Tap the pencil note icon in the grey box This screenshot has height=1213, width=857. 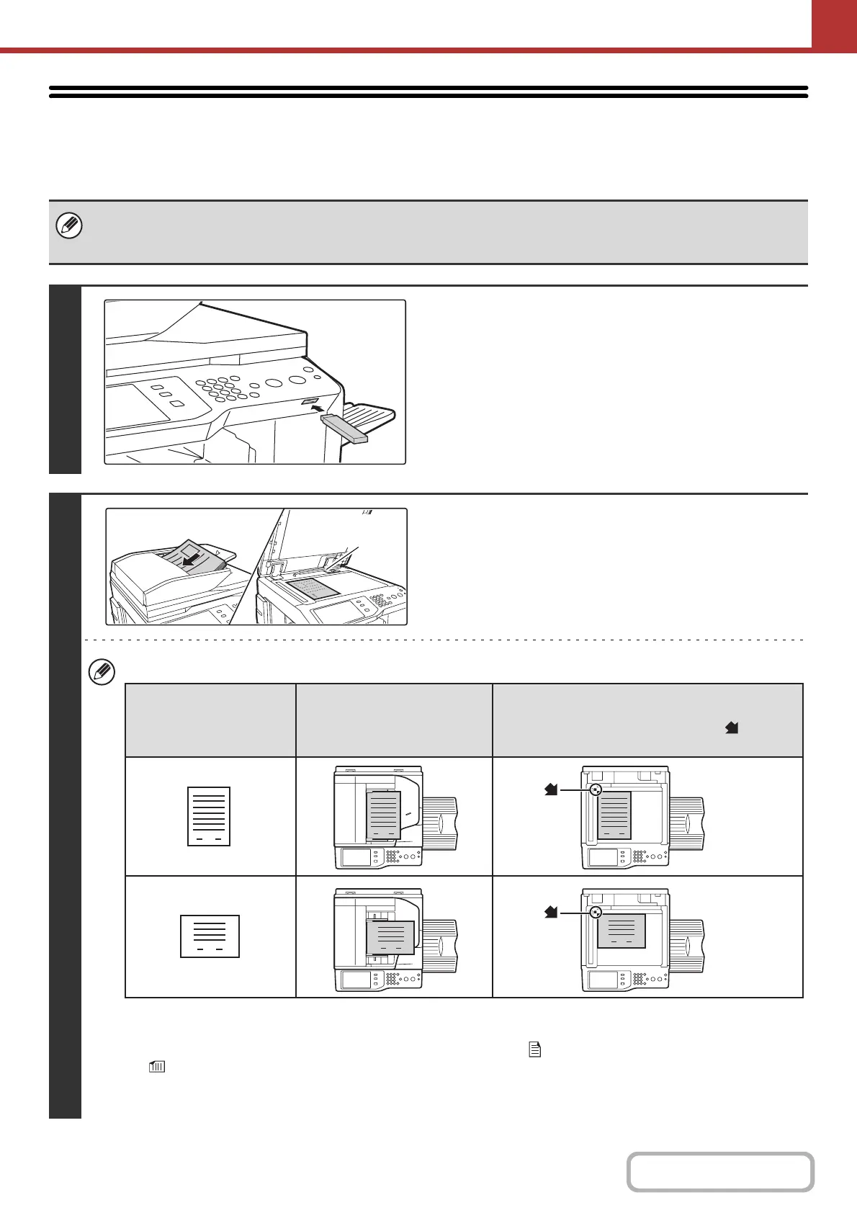pyautogui.click(x=69, y=227)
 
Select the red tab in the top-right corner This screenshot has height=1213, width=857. pyautogui.click(x=834, y=24)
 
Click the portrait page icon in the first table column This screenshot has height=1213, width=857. pyautogui.click(x=209, y=816)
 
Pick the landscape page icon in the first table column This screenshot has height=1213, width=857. pyautogui.click(x=210, y=936)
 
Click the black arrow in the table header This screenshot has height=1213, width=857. pyautogui.click(x=732, y=728)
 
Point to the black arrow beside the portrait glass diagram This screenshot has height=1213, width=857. pyautogui.click(x=551, y=790)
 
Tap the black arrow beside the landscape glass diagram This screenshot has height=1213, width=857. pyautogui.click(x=551, y=913)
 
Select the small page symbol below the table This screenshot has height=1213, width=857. pyautogui.click(x=535, y=1050)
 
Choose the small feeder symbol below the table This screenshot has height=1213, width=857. pyautogui.click(x=156, y=1067)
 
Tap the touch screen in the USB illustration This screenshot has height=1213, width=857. pyautogui.click(x=138, y=403)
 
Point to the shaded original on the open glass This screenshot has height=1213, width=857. pyautogui.click(x=312, y=587)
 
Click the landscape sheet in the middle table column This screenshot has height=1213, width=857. pyautogui.click(x=390, y=936)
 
